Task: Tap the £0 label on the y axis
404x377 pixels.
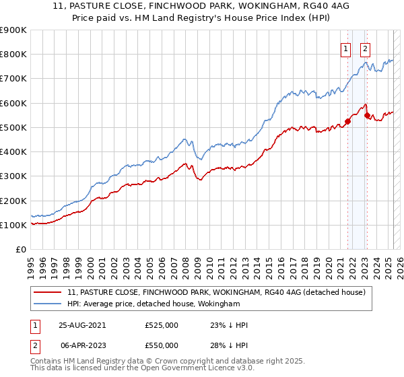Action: pyautogui.click(x=21, y=250)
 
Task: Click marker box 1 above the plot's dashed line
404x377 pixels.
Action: pyautogui.click(x=345, y=48)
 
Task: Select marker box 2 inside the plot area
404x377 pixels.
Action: pyautogui.click(x=365, y=48)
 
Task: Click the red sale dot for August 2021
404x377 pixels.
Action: pyautogui.click(x=348, y=122)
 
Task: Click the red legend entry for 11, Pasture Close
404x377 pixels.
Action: pyautogui.click(x=215, y=292)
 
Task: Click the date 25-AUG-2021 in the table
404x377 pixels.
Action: pyautogui.click(x=82, y=324)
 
